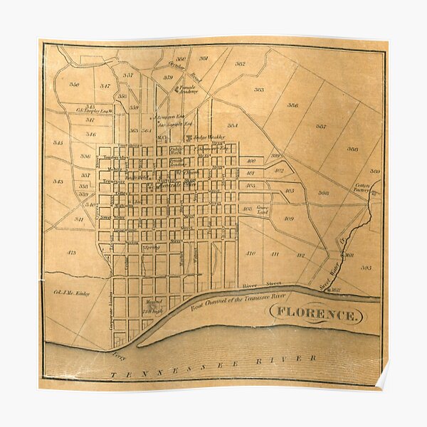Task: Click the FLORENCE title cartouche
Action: [x=317, y=314]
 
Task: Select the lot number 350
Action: [x=74, y=85]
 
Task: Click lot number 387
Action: [x=321, y=127]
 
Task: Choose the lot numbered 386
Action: [x=292, y=105]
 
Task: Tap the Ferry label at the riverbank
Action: [x=118, y=354]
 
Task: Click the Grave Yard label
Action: [x=263, y=211]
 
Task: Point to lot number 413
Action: [x=71, y=253]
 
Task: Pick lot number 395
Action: [x=366, y=268]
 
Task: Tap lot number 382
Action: [x=240, y=64]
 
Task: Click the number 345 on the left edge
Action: [x=58, y=142]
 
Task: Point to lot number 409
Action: [x=288, y=218]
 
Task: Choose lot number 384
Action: [x=232, y=126]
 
